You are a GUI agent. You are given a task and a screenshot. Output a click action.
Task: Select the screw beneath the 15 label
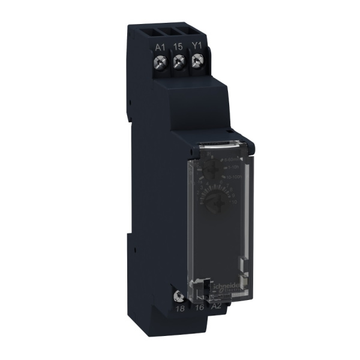tap(178, 62)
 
